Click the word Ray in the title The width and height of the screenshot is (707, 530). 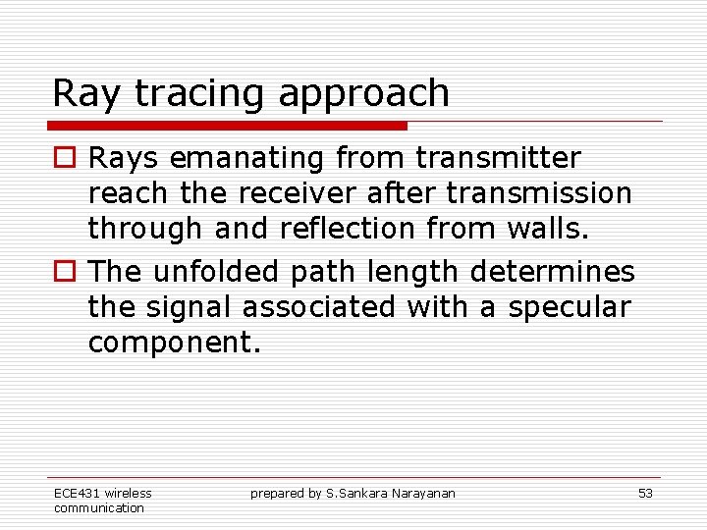[x=86, y=94]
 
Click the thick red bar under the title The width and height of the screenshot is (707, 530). [x=227, y=126]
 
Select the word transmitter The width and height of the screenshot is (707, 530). [x=498, y=157]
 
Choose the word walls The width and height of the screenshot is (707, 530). [x=546, y=228]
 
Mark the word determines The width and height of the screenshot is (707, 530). [x=565, y=271]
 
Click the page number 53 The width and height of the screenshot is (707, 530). [x=645, y=493]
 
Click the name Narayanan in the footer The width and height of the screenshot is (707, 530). [x=426, y=493]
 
